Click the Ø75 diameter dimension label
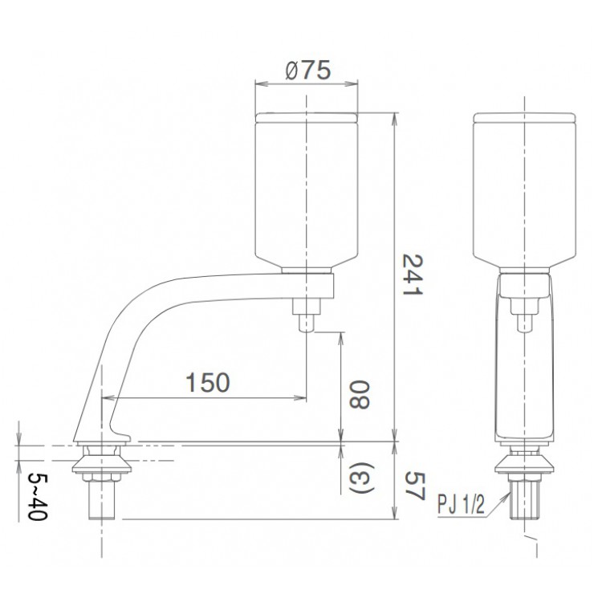click(x=306, y=71)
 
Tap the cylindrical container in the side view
click(x=306, y=189)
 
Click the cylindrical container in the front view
click(x=525, y=189)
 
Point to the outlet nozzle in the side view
click(x=307, y=315)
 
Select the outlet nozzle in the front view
click(x=525, y=315)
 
